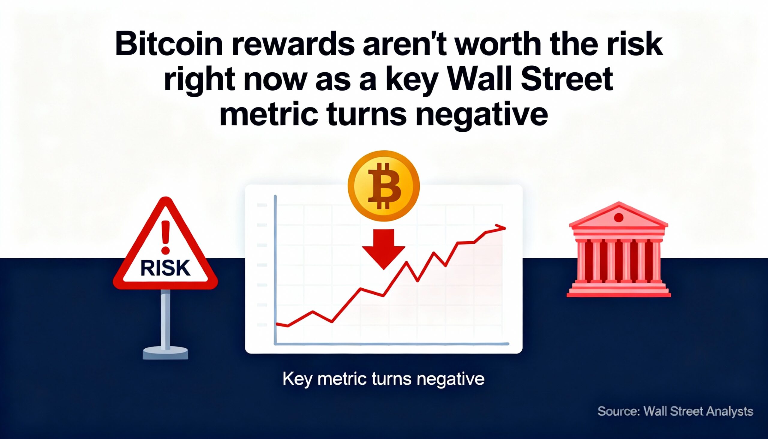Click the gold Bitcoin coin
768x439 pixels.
[x=383, y=186]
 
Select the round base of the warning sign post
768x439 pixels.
[x=165, y=353]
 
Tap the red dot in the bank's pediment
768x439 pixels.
[x=619, y=217]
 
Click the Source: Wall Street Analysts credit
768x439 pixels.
[x=675, y=411]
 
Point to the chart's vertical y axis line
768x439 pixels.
[x=275, y=268]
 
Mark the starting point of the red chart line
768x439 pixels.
[x=277, y=324]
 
